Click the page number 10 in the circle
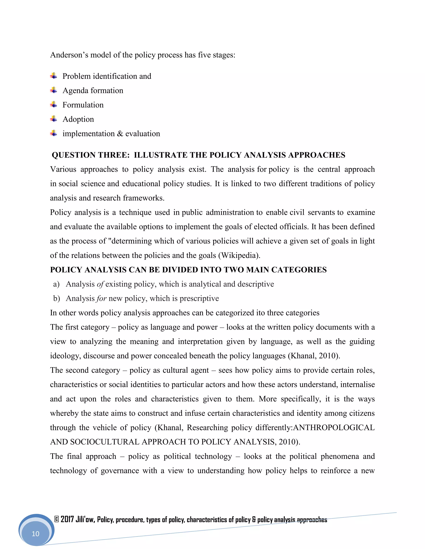point(35,534)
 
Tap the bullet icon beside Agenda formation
point(53,90)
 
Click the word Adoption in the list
point(78,119)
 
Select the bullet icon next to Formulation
point(53,104)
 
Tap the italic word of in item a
point(100,284)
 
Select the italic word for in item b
point(101,298)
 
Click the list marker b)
point(56,298)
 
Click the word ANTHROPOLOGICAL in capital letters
point(334,428)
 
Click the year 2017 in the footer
point(67,519)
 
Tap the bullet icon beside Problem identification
point(53,76)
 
